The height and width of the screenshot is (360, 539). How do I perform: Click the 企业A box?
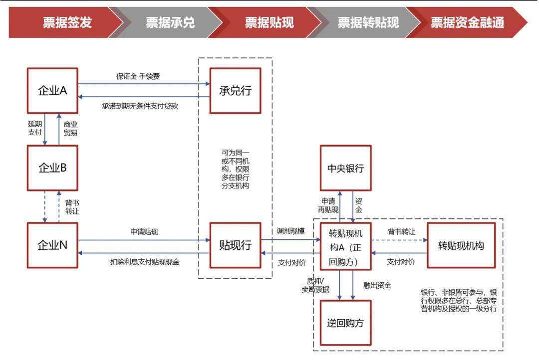coord(52,91)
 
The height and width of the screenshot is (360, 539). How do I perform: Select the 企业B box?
coord(52,168)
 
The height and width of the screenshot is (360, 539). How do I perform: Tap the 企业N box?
coord(52,245)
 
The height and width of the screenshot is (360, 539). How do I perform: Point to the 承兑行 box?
coord(235,91)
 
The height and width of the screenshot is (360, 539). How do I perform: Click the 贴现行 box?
coord(235,245)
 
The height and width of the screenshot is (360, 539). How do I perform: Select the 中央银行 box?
coord(345,168)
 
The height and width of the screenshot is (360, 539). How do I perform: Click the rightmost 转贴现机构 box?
coord(461,245)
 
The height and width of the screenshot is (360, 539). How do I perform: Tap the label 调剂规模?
coord(290,231)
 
